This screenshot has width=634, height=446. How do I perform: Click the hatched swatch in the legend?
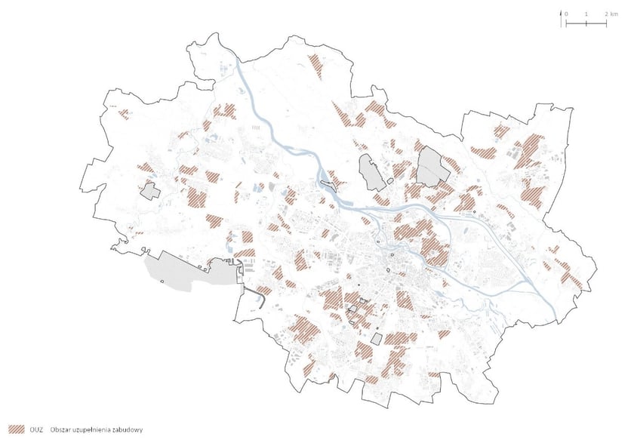(17, 429)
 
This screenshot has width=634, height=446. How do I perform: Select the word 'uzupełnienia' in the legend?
(96, 429)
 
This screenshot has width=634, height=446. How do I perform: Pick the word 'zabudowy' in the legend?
(130, 429)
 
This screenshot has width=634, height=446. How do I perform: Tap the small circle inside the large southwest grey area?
(164, 281)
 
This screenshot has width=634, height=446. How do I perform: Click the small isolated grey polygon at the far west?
(149, 190)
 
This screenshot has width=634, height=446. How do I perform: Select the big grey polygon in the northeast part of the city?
(432, 165)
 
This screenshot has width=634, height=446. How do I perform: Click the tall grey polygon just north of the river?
(371, 172)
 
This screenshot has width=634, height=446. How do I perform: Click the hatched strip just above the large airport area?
(243, 255)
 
